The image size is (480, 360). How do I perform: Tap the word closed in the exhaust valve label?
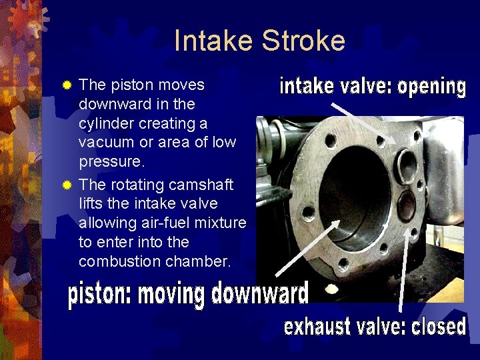[x=437, y=326]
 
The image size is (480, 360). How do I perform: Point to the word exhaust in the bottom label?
[x=317, y=327]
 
